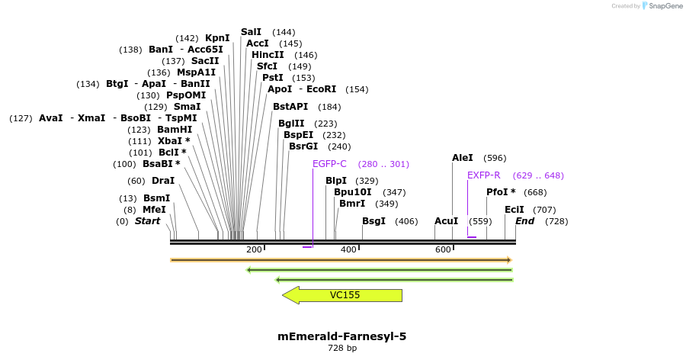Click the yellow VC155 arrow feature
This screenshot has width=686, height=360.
tap(343, 295)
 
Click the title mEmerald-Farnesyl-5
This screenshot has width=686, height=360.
tap(342, 336)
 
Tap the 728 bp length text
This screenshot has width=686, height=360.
tap(342, 349)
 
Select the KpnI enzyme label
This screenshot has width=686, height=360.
tap(217, 38)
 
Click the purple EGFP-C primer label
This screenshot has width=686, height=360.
tap(329, 164)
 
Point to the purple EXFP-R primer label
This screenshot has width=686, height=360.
tap(483, 175)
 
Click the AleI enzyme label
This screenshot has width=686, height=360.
tap(463, 158)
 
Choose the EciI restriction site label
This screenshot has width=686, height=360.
tap(514, 210)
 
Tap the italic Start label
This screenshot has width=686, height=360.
tap(148, 221)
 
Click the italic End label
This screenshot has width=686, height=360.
tap(525, 221)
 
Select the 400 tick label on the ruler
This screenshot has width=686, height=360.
tap(348, 250)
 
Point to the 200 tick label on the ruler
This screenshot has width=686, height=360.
tap(254, 250)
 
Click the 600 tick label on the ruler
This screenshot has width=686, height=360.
tap(443, 250)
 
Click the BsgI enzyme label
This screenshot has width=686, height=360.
tap(373, 221)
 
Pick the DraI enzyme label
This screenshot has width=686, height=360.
tap(163, 181)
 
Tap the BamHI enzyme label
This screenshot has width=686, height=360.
tap(175, 130)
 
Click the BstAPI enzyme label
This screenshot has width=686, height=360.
tap(290, 107)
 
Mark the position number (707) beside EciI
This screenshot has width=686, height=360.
tap(544, 210)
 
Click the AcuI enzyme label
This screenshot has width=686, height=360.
tap(447, 221)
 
